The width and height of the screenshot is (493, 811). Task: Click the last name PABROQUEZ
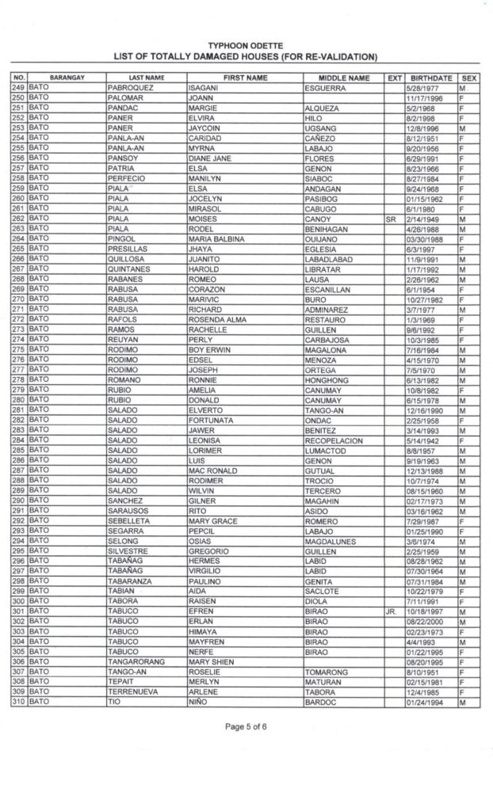pyautogui.click(x=130, y=88)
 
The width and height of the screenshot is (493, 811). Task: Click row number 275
pyautogui.click(x=17, y=348)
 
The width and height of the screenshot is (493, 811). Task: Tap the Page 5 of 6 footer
pyautogui.click(x=246, y=748)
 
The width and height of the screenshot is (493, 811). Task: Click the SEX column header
pyautogui.click(x=469, y=78)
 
